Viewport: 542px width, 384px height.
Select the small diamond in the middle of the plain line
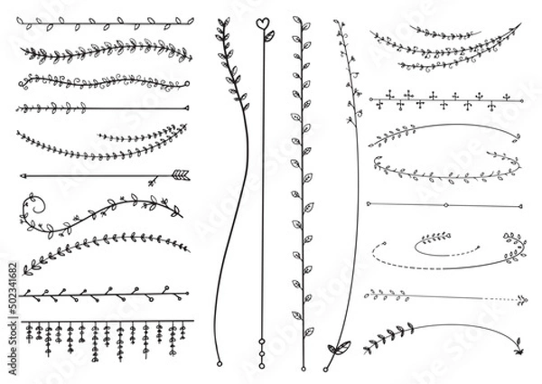click(446, 205)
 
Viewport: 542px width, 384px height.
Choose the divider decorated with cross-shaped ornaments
click(446, 97)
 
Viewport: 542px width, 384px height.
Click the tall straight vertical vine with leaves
click(297, 172)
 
